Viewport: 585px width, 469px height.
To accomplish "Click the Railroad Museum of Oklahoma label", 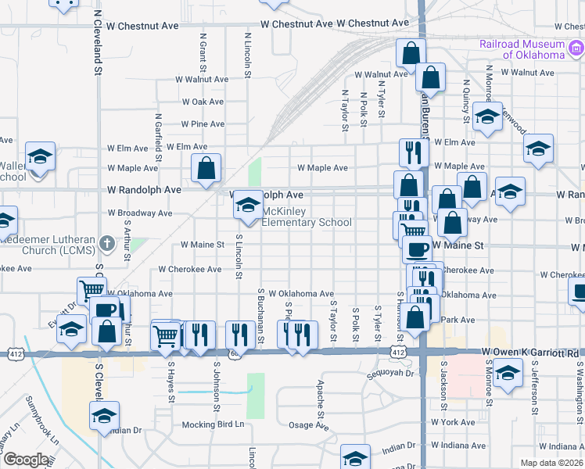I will tap(523, 49).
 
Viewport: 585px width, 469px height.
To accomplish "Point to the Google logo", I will tap(25, 460).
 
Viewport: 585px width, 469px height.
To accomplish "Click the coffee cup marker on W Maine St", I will tap(417, 249).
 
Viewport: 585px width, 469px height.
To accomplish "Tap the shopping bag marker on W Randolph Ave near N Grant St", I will tap(206, 167).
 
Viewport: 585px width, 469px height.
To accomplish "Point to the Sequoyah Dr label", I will tap(391, 374).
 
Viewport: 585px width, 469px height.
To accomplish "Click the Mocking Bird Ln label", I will tap(213, 424).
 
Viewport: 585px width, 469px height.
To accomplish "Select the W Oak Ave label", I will tap(203, 102).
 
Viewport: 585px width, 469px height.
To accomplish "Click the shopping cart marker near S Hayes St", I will tap(166, 335).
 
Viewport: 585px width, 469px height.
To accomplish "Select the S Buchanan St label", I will tap(260, 317).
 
